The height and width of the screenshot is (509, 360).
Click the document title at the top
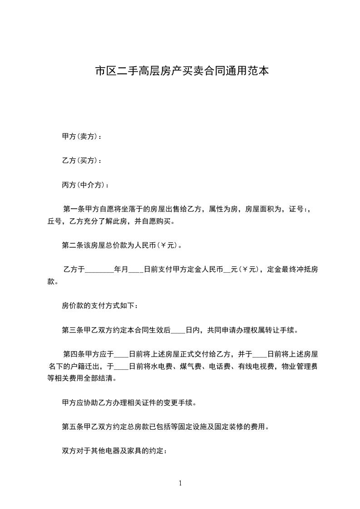click(x=180, y=71)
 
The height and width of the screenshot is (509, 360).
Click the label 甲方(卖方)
click(x=81, y=136)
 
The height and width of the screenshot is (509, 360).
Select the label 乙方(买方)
click(x=81, y=161)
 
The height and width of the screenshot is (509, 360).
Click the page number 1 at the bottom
click(x=180, y=483)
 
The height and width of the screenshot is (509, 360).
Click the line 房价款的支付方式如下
click(x=99, y=306)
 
